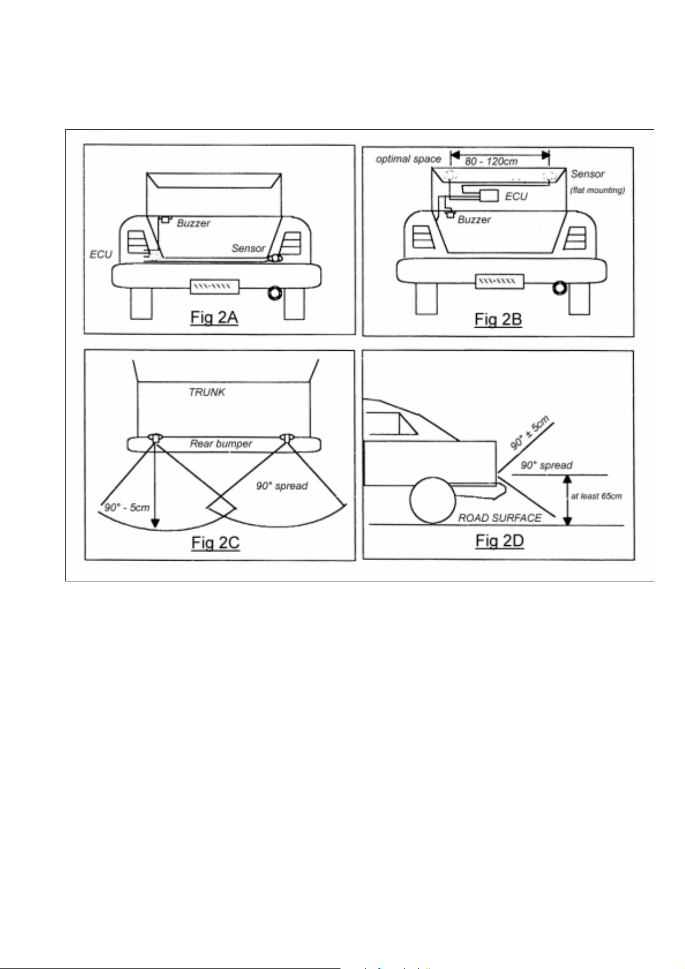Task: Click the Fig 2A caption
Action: [214, 317]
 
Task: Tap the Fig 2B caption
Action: [498, 320]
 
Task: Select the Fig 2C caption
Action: [216, 543]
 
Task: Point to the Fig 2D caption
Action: [500, 541]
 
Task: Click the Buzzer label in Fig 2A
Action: [193, 223]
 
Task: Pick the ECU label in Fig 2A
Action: [101, 254]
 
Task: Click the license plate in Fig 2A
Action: [214, 286]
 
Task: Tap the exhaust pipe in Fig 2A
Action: [274, 293]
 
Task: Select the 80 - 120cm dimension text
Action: [491, 162]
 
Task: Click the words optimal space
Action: [408, 159]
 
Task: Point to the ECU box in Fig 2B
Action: [488, 196]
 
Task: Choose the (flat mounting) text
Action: [598, 190]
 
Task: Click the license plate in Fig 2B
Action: [499, 281]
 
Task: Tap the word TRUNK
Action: [207, 392]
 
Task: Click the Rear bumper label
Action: [221, 444]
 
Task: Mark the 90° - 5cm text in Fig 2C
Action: [127, 507]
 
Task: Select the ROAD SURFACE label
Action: [500, 518]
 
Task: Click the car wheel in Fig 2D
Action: [433, 500]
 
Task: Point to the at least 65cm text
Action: [596, 496]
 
